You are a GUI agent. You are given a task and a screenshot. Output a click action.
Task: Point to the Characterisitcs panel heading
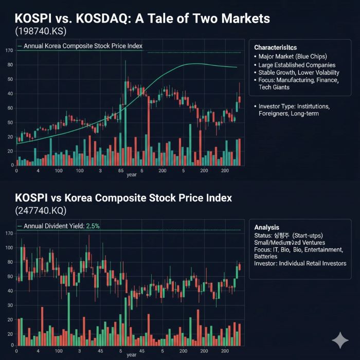click(276, 47)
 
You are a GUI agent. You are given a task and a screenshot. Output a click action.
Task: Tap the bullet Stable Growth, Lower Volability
click(299, 73)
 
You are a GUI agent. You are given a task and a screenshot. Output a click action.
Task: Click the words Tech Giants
click(274, 87)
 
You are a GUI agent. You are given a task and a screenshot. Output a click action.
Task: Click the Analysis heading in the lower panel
click(267, 227)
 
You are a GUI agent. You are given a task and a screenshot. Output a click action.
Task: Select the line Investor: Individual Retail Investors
click(300, 263)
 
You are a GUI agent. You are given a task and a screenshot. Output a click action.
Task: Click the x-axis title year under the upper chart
click(132, 174)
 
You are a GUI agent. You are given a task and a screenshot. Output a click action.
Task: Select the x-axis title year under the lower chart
click(132, 355)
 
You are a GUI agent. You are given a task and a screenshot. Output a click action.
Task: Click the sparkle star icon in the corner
click(339, 340)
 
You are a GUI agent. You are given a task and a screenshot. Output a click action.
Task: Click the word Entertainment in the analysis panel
click(324, 249)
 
